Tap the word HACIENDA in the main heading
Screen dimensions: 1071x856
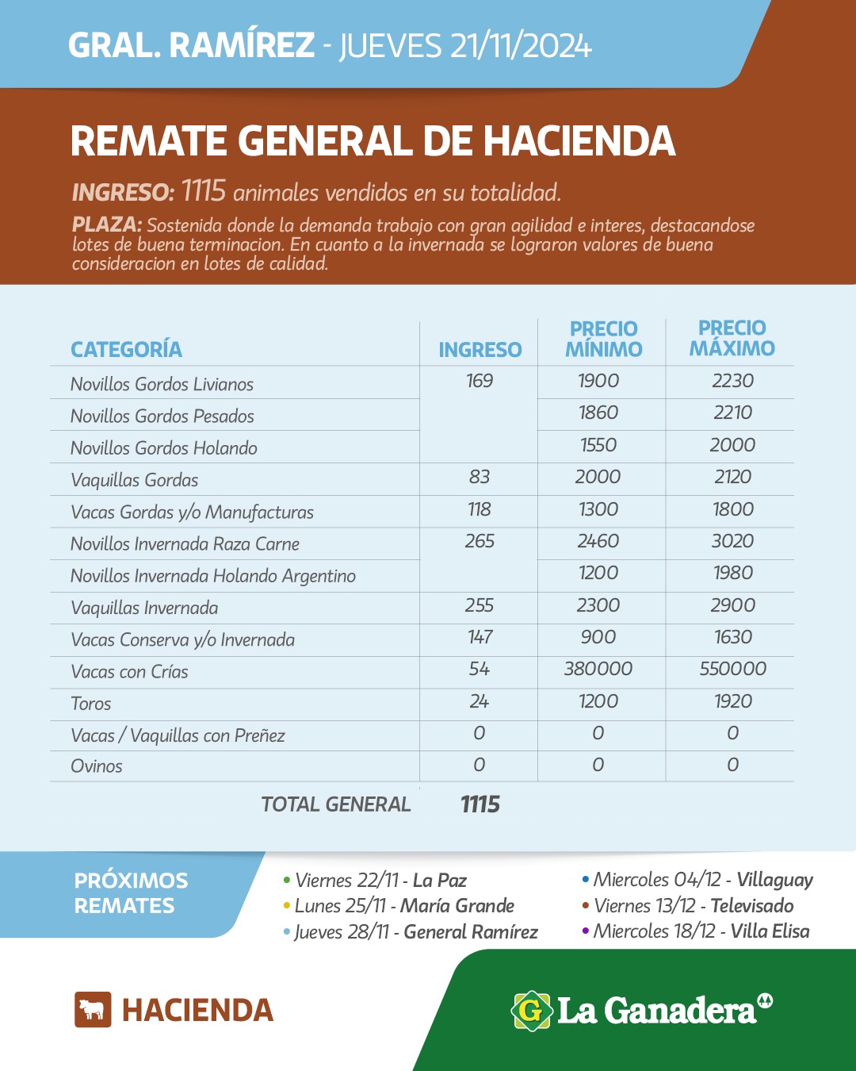579,141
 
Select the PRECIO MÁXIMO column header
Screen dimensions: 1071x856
732,339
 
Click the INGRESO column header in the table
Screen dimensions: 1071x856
480,350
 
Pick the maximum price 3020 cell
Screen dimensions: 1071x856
732,541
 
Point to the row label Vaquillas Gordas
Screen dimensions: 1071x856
135,480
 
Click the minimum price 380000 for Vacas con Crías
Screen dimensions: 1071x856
598,669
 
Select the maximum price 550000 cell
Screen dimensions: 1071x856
732,669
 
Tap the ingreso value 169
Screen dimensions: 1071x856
480,381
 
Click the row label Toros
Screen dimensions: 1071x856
91,704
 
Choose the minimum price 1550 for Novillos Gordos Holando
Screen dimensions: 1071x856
598,445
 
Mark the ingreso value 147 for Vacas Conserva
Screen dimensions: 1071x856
480,637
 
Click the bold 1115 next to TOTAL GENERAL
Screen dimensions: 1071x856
480,804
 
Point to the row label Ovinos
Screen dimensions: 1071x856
97,766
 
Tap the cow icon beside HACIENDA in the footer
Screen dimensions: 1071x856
93,1009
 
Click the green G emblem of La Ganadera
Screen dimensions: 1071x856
531,1011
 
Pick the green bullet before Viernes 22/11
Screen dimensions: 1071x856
286,880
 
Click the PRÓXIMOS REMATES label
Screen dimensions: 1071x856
131,893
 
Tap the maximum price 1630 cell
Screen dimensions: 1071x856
732,637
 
